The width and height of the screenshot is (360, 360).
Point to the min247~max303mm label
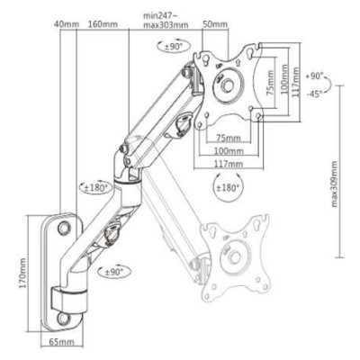[166, 21]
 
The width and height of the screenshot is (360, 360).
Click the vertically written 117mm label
[297, 85]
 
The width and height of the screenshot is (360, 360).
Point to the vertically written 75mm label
[271, 85]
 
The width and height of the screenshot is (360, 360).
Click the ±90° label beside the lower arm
[115, 270]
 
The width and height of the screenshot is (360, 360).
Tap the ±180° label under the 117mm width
[229, 189]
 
